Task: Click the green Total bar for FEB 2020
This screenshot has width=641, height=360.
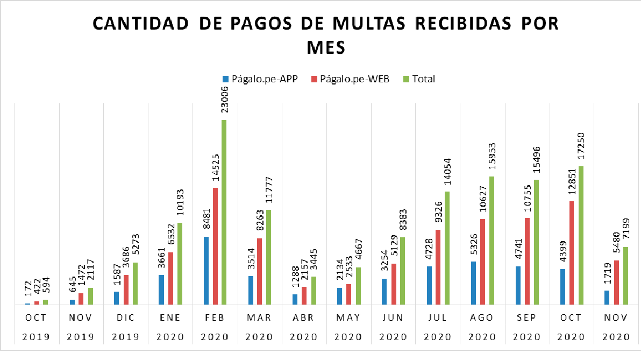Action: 224,213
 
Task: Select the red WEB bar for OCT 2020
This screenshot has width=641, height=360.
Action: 572,253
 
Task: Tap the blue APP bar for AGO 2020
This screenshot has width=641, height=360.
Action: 473,283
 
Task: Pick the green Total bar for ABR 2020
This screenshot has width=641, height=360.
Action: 313,291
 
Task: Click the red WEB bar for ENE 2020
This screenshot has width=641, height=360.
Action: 170,278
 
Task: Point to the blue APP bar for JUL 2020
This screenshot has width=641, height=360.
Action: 429,285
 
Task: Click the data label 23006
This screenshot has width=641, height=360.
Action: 224,101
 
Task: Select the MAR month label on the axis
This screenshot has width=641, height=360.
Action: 259,318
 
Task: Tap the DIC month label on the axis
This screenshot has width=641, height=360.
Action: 125,318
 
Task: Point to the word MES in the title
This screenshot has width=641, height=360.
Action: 325,47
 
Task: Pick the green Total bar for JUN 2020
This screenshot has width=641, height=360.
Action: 402,271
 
